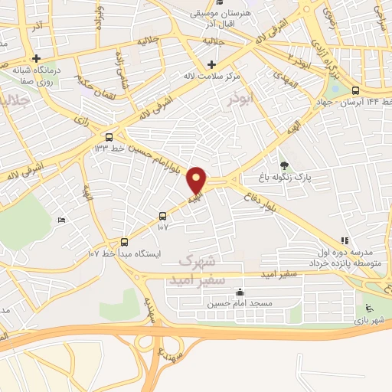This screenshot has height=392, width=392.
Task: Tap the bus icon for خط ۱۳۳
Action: pyautogui.click(x=109, y=137)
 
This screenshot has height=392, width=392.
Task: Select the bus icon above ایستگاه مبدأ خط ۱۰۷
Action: pyautogui.click(x=124, y=239)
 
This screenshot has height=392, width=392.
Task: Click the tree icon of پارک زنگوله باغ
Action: pyautogui.click(x=285, y=165)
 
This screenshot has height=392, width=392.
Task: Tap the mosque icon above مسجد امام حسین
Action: pyautogui.click(x=240, y=292)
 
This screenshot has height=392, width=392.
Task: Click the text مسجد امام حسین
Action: pyautogui.click(x=240, y=303)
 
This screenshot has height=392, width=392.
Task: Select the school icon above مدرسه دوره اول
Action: pyautogui.click(x=345, y=240)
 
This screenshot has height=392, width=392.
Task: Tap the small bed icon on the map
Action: pyautogui.click(x=62, y=220)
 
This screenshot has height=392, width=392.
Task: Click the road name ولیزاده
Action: pyautogui.click(x=96, y=17)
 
